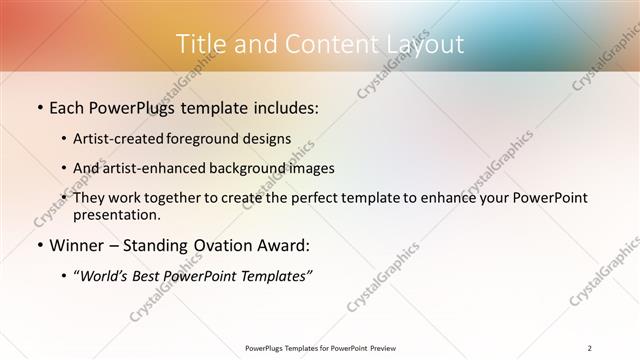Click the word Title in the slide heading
point(200,44)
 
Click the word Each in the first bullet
point(68,107)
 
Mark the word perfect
point(335,198)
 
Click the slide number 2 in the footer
point(591,348)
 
